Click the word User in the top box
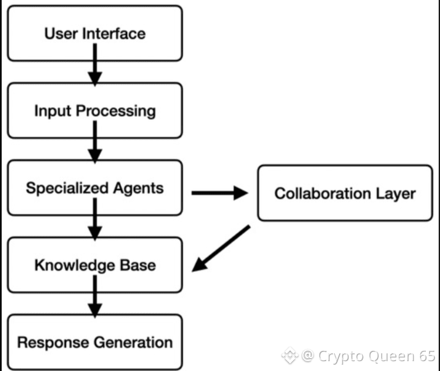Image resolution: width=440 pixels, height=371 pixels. click(60, 33)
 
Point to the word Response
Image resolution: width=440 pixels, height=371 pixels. click(50, 342)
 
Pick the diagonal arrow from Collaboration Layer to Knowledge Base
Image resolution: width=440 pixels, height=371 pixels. click(222, 248)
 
